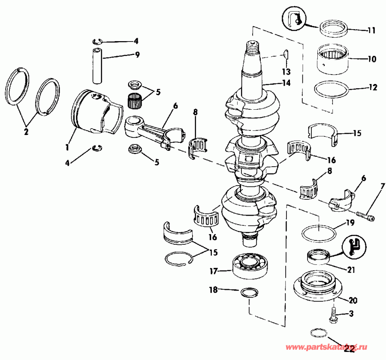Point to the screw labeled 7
[365, 217]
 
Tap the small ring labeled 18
[249, 293]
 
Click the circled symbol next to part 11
[294, 19]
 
